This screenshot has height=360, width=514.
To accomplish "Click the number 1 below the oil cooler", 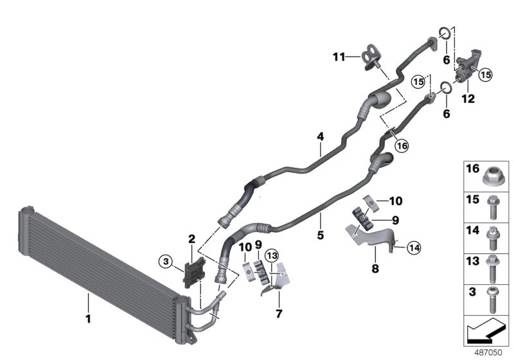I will coord(89,318).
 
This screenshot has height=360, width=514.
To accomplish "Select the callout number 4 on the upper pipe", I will coord(319,137).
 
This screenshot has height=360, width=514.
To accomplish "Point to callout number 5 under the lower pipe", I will coord(320,235).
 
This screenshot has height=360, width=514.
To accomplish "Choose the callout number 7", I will coord(278,314).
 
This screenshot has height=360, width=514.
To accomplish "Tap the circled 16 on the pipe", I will coord(402,146).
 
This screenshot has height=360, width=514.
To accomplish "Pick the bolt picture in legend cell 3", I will coord(492,300).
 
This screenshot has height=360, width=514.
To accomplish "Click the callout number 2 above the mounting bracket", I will coord(191,239).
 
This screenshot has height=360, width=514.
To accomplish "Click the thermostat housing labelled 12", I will coord(467,69).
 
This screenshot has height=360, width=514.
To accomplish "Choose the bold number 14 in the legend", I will coord(472,230).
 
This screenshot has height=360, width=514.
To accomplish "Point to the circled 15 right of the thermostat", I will coord(484,75).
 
